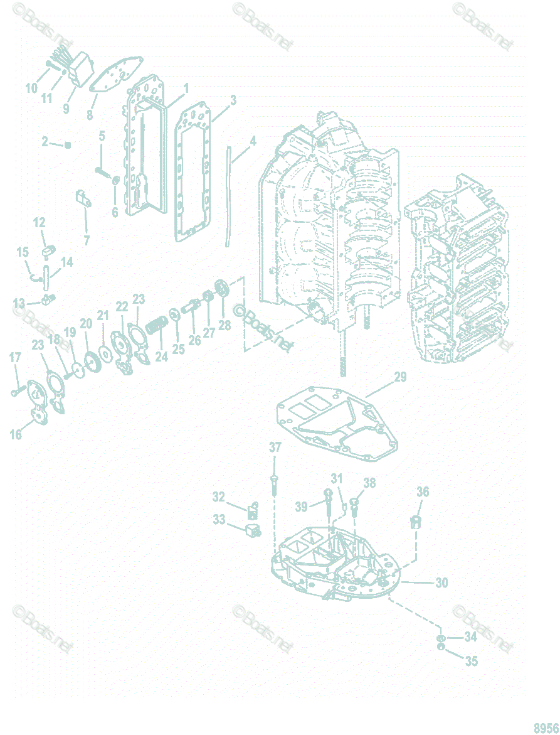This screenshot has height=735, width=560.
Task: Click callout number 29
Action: pos(400,377)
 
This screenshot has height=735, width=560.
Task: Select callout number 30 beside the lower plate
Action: pos(441,583)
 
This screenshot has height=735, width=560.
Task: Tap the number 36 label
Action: pos(423,492)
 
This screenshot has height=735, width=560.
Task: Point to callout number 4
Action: pos(253,141)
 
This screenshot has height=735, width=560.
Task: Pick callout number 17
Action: pos(15,357)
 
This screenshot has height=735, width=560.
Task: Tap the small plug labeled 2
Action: pos(68,145)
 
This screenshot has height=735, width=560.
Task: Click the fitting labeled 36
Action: pos(415,522)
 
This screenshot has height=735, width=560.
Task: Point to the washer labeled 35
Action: pos(442,646)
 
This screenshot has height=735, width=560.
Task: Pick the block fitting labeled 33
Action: pos(254,530)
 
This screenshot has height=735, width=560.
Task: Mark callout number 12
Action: pos(39,222)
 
